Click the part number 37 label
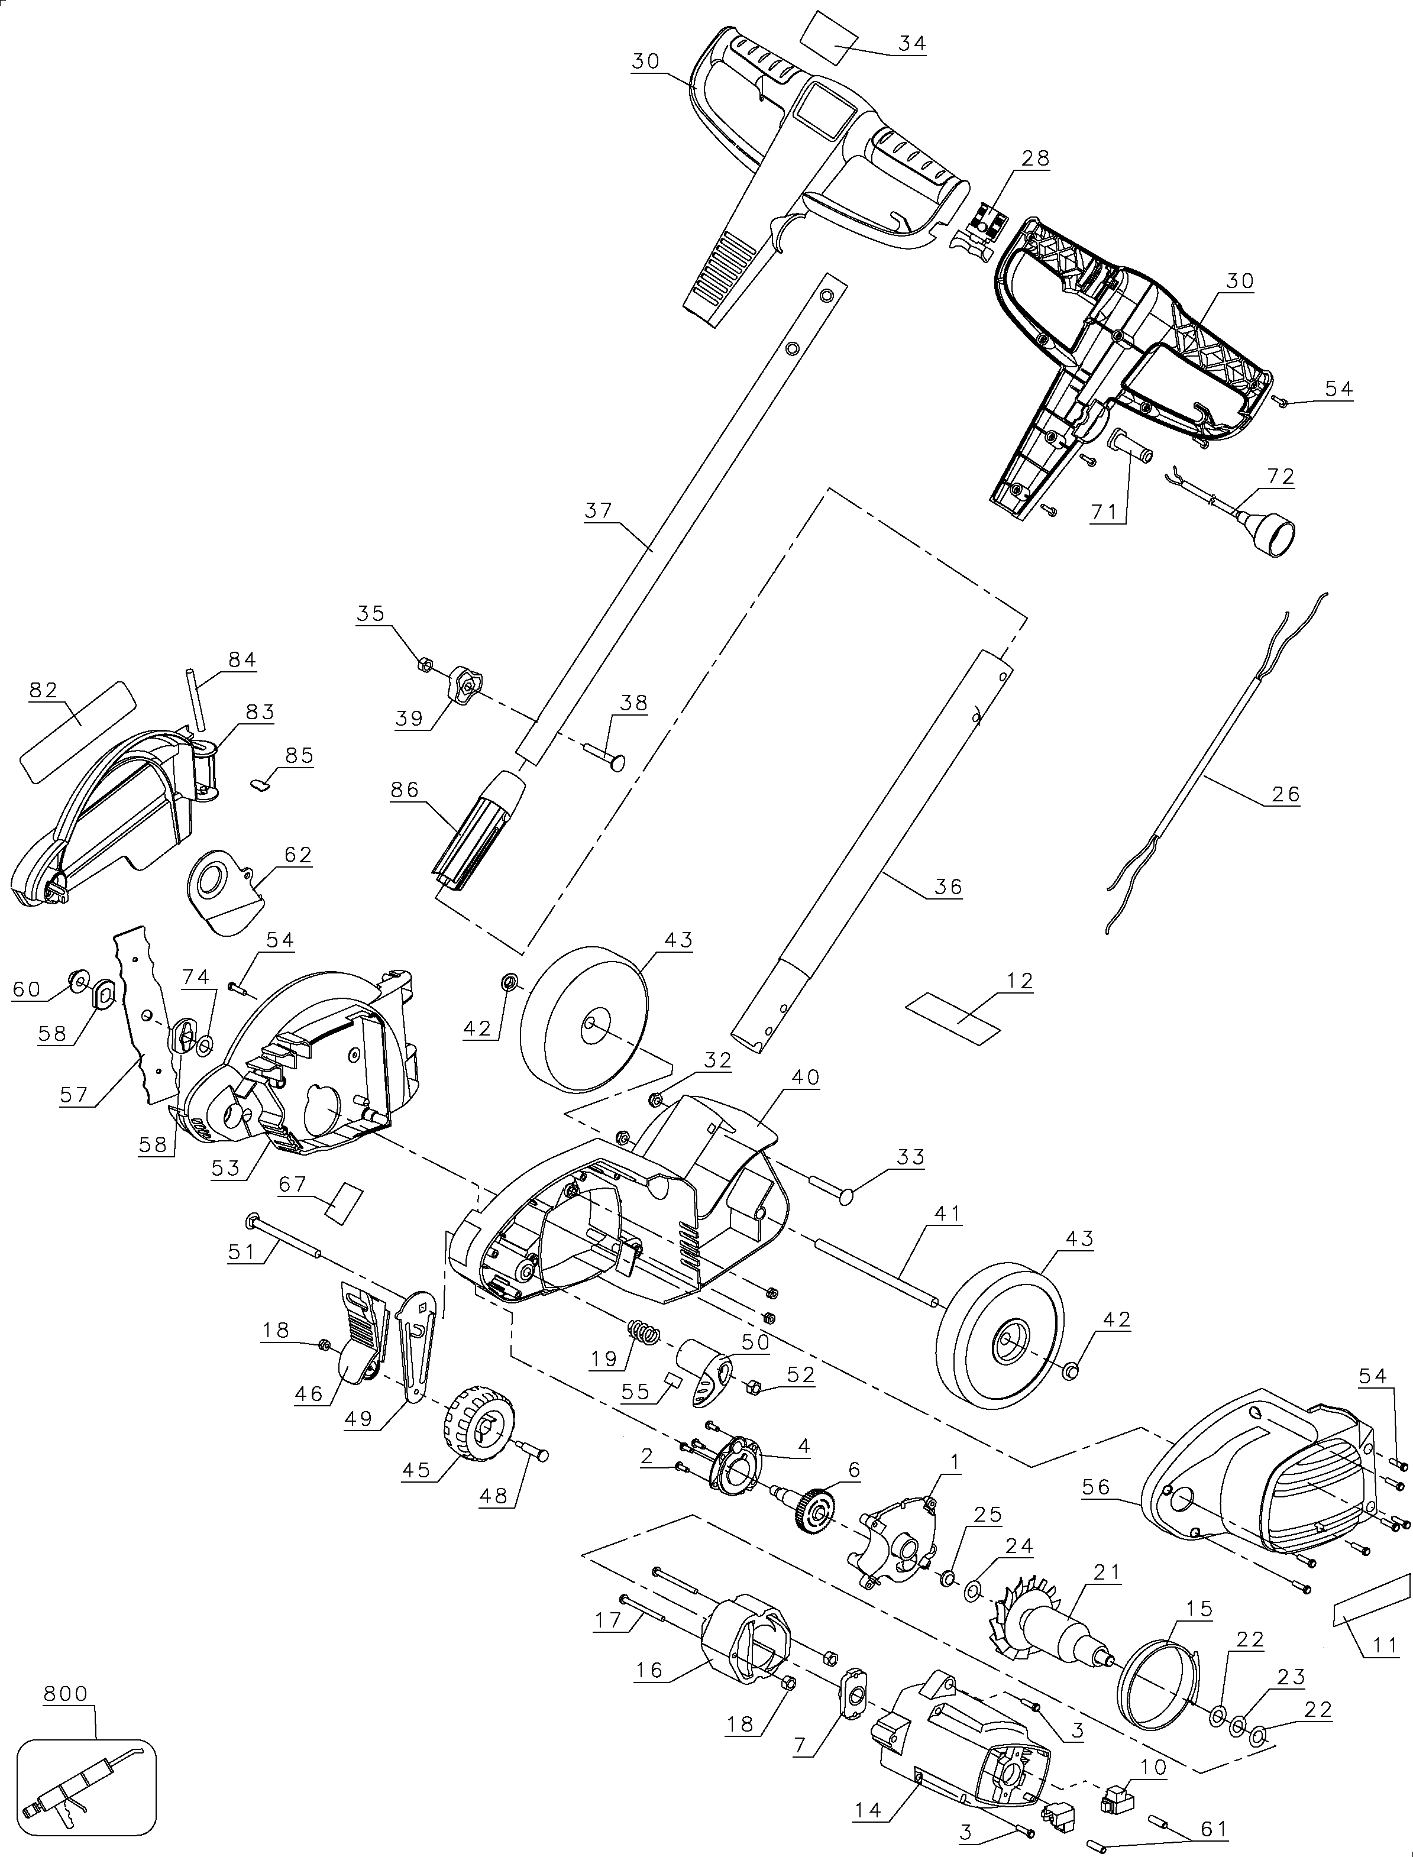(598, 510)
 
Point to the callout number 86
(404, 790)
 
